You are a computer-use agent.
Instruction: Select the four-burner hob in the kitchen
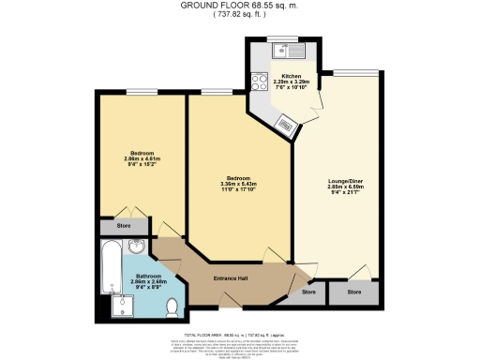point(258,82)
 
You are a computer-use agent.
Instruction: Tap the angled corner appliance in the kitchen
point(287,119)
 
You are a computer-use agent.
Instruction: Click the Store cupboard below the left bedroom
point(123,226)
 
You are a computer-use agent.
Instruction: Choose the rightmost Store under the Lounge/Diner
point(354,292)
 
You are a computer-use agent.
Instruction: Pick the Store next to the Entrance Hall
point(308,292)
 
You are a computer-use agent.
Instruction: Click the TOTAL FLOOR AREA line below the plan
point(239,334)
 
